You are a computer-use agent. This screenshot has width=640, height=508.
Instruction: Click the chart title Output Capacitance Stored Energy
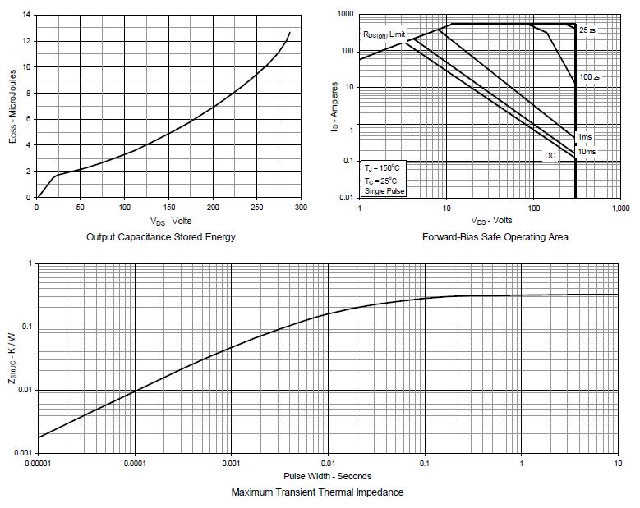point(160,237)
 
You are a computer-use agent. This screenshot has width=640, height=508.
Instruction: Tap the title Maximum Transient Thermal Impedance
point(317,492)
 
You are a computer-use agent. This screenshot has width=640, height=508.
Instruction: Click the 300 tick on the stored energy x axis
point(301,208)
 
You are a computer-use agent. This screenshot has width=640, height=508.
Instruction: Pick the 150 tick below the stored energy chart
point(168,208)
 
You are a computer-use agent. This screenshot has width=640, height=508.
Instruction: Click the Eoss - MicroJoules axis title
point(12,107)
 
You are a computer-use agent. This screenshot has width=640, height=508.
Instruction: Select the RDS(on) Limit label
point(384,34)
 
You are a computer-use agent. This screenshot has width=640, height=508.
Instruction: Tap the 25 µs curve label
point(587,30)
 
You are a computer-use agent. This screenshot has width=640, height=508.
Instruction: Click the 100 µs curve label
point(589,77)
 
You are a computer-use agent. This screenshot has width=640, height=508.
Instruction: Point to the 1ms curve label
point(584,136)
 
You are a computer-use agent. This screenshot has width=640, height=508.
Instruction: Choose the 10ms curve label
point(587,152)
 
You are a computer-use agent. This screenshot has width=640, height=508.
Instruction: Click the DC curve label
point(550,155)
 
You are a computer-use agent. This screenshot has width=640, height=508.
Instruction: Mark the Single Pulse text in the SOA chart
point(384,190)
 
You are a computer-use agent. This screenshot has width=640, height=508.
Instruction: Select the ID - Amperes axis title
point(335,107)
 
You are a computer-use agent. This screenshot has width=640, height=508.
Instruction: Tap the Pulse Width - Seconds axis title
point(327,476)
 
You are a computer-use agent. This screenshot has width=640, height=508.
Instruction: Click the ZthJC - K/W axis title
point(12,359)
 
